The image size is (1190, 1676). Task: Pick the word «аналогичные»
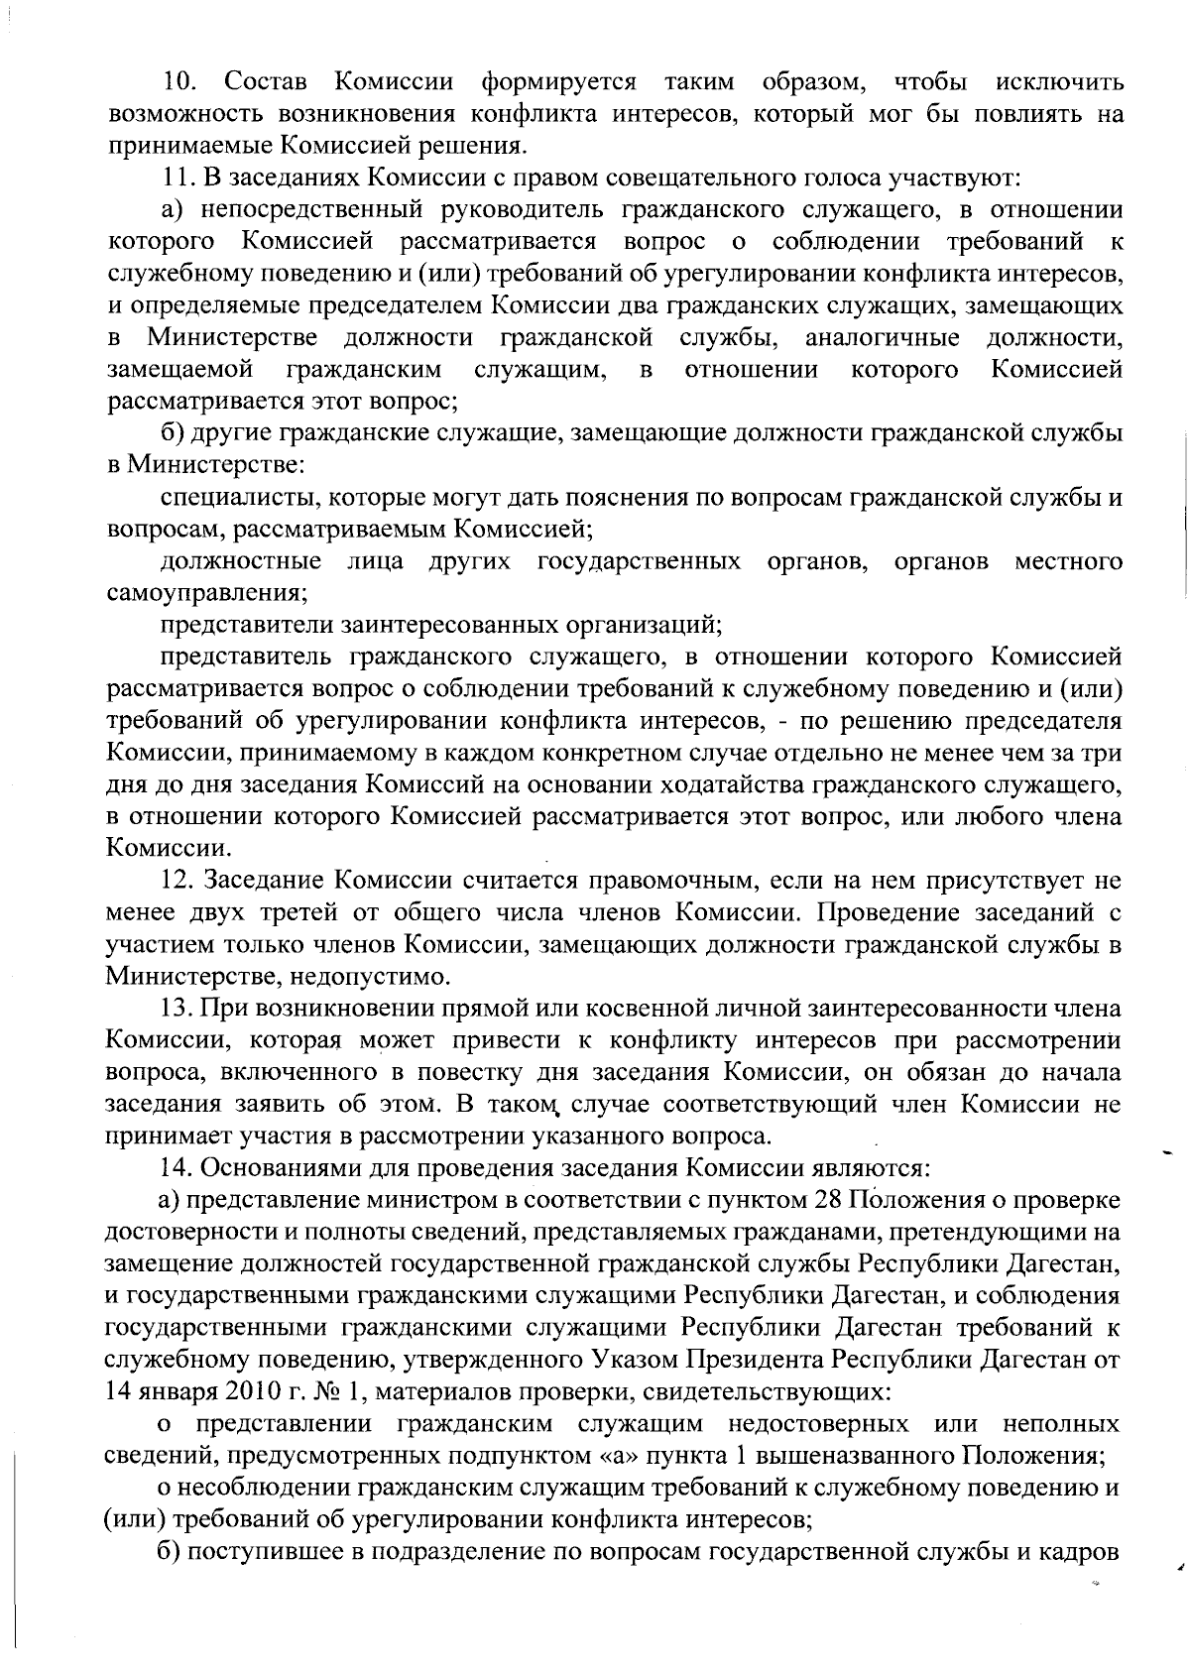click(882, 337)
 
